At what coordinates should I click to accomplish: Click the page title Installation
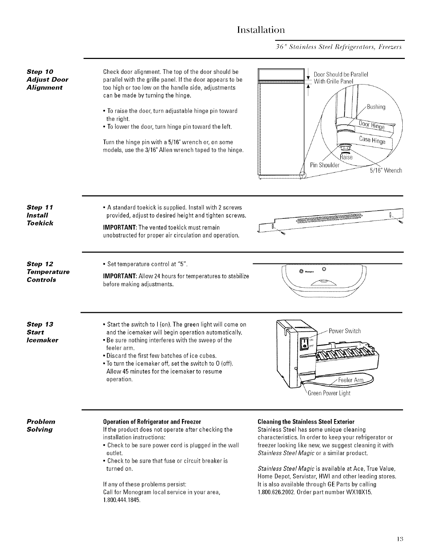point(261,28)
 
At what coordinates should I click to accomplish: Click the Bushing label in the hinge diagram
point(376,107)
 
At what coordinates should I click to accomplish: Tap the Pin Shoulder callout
point(325,165)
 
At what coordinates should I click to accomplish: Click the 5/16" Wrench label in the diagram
point(385,170)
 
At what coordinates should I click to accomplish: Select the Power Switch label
point(344,331)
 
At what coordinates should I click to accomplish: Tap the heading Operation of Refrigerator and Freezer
point(152,422)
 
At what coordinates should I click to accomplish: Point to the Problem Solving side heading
point(41,425)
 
